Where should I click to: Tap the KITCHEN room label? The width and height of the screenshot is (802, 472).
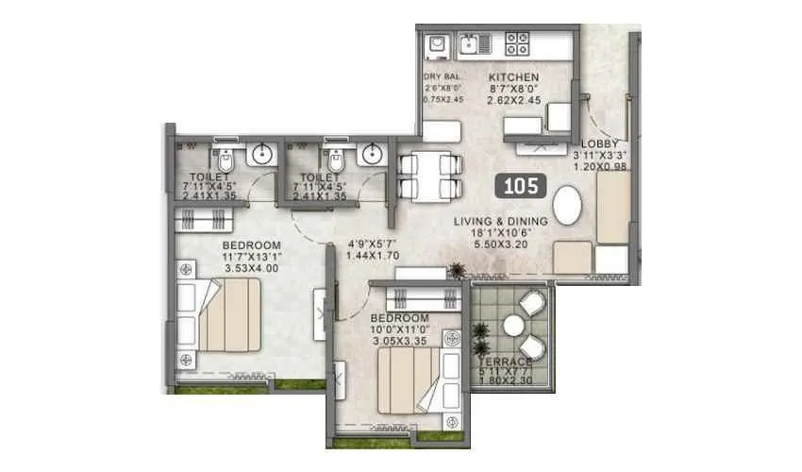click(x=513, y=77)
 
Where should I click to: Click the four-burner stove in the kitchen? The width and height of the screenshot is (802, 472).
click(x=518, y=43)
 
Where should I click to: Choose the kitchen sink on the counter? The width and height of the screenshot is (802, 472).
click(x=470, y=43)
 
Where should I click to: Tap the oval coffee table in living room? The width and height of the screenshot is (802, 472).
click(x=567, y=205)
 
